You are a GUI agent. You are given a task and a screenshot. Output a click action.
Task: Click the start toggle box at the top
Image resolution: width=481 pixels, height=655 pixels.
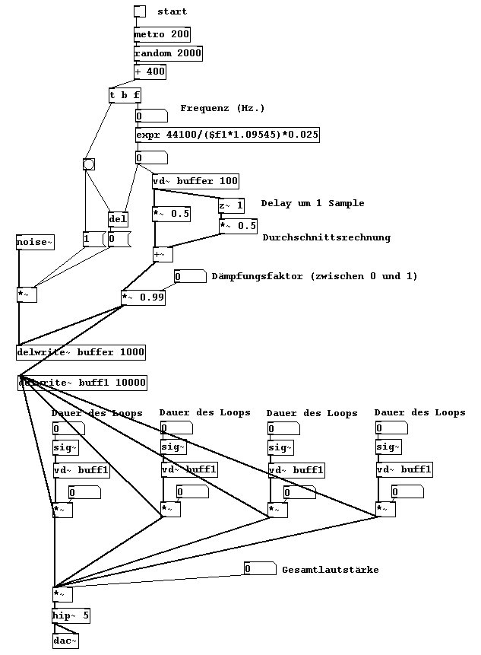(x=139, y=11)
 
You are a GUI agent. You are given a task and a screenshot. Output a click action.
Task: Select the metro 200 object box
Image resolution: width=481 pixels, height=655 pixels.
(x=161, y=34)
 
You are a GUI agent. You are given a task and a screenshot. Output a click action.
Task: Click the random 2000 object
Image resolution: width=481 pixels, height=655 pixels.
(x=168, y=53)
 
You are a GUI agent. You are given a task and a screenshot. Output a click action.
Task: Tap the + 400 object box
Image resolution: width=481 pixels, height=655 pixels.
(x=150, y=72)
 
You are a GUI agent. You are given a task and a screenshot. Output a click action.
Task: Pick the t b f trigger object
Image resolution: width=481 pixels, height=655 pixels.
(x=125, y=96)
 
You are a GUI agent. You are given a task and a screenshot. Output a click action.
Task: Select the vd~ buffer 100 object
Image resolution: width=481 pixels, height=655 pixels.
(x=195, y=181)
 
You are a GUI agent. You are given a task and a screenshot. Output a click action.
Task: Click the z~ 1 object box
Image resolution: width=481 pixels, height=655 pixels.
(x=232, y=205)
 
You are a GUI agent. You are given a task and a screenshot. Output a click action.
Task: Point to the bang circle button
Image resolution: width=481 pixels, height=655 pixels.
(x=89, y=164)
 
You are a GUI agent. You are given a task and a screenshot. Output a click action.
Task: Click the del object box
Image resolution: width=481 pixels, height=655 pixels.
(x=118, y=219)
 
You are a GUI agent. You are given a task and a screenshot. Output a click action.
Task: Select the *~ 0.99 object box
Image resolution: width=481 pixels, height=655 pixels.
(x=143, y=297)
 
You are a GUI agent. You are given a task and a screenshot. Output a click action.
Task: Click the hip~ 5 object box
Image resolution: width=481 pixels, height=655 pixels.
(x=71, y=615)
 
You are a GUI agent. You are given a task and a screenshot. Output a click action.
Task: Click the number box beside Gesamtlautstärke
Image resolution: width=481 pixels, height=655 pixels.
(x=259, y=569)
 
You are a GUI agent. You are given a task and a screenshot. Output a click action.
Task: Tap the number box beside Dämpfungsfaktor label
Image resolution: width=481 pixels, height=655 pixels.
(x=190, y=277)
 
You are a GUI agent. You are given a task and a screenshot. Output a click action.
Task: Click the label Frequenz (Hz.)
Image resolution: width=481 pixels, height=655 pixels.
(x=223, y=108)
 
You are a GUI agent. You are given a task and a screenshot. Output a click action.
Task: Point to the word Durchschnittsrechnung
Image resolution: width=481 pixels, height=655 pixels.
(x=326, y=237)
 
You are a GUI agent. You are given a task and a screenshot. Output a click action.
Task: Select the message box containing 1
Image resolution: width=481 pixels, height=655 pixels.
(x=92, y=240)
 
